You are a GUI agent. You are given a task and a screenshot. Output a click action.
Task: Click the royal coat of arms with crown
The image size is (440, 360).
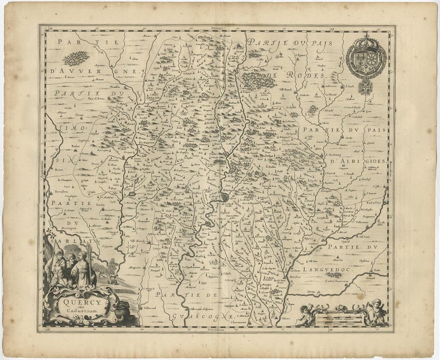pyautogui.click(x=366, y=57)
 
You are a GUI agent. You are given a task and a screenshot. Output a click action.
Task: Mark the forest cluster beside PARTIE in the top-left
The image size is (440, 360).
pyautogui.click(x=76, y=58)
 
